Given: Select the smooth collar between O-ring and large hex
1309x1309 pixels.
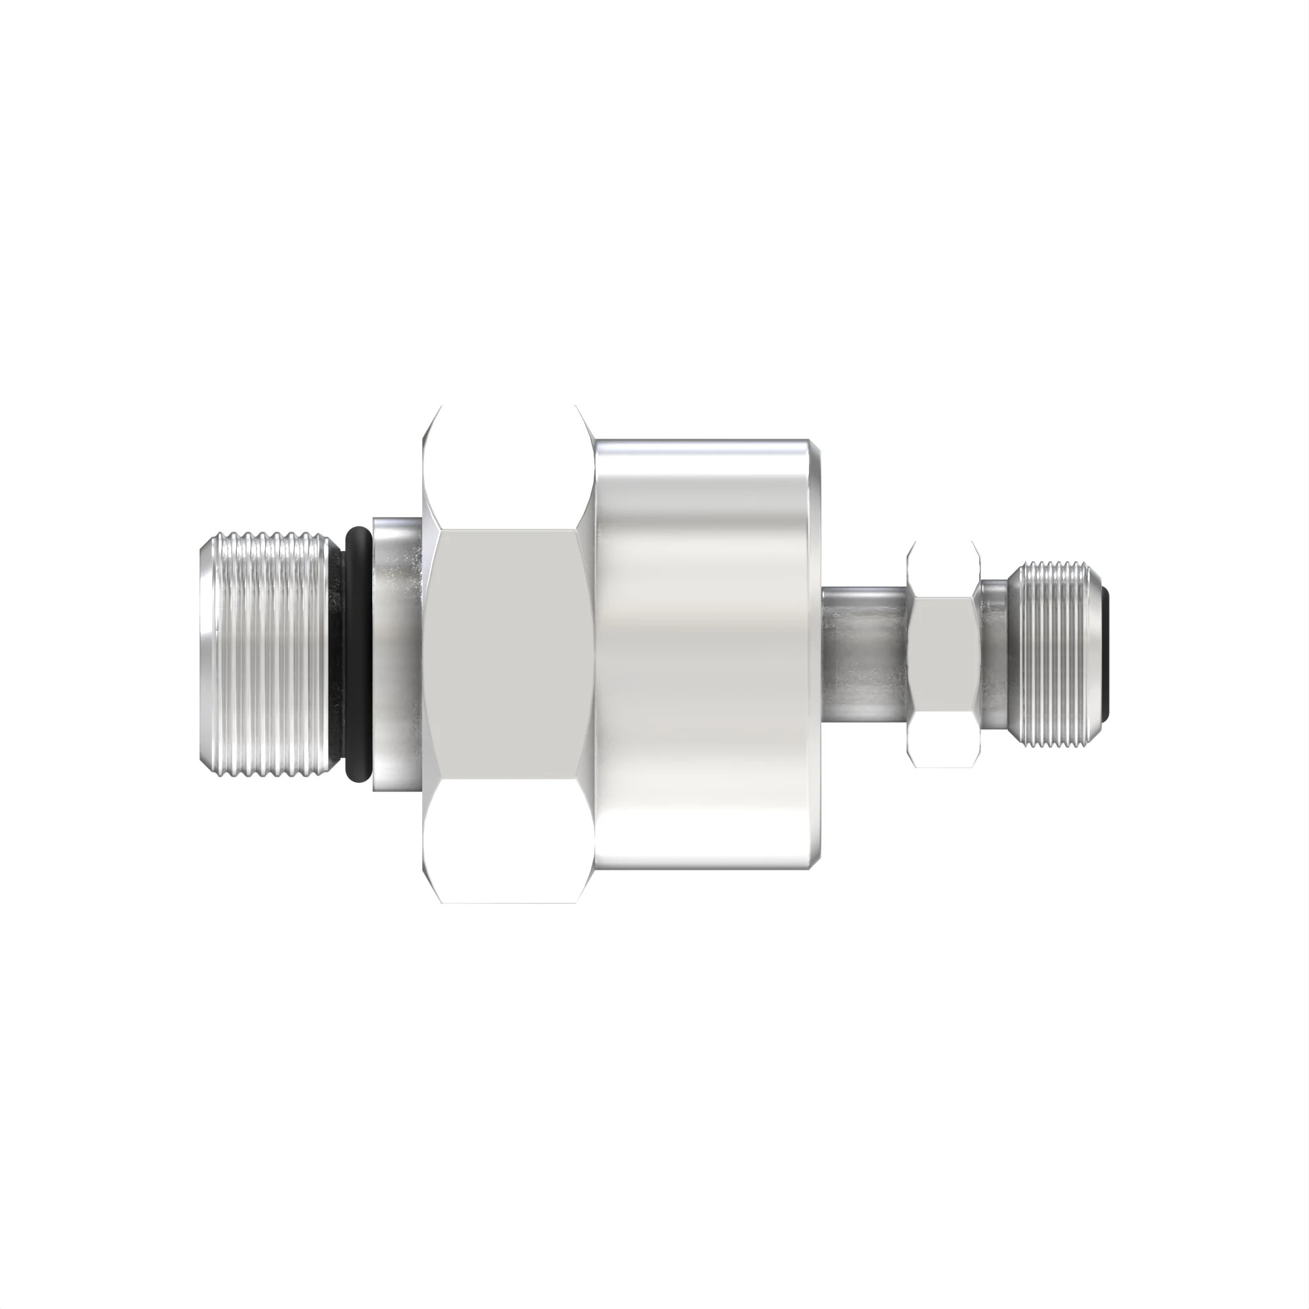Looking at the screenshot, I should [x=397, y=654].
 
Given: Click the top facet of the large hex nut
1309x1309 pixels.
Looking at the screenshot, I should [x=507, y=467].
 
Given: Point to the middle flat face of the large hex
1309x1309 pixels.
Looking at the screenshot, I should [x=507, y=654].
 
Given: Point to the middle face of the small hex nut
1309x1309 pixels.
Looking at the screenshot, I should [x=944, y=654].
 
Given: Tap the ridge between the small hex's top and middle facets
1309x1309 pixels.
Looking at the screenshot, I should [x=944, y=598].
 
